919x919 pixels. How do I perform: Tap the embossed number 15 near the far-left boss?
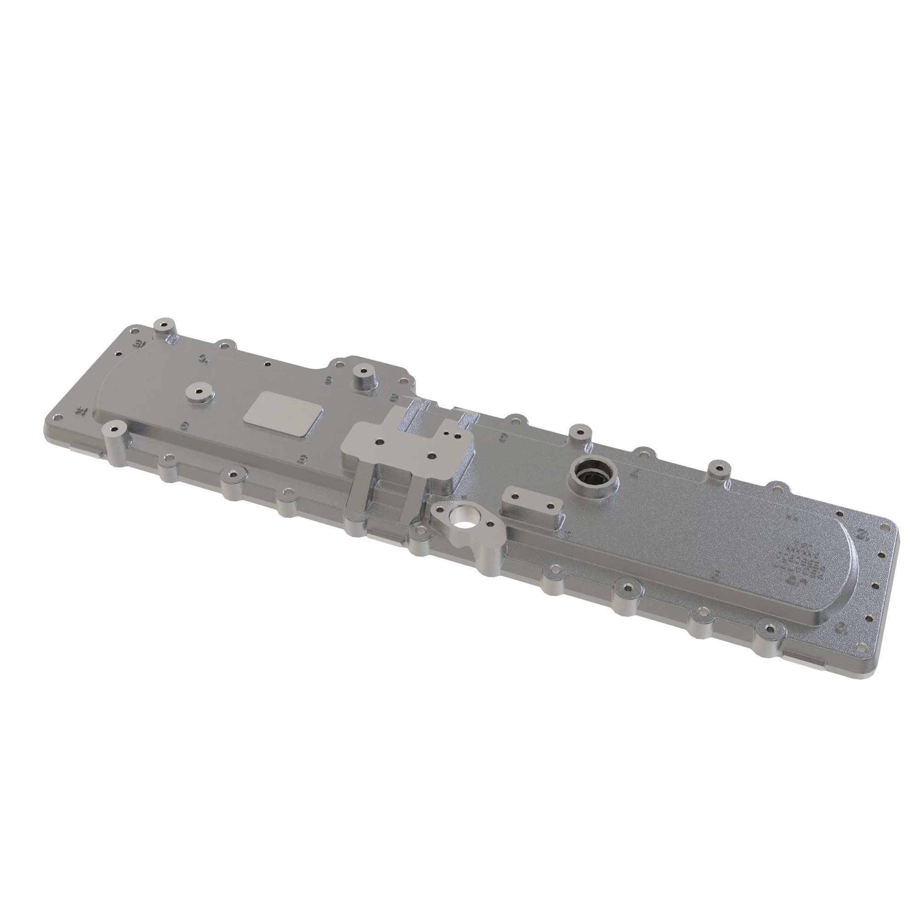click(x=138, y=342)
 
